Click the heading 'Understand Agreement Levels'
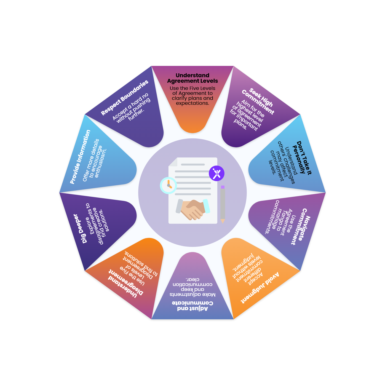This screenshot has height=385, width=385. point(192,78)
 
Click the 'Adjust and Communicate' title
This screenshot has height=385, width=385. point(192,306)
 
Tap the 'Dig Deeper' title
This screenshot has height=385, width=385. point(80,229)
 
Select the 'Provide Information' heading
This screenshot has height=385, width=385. point(80,157)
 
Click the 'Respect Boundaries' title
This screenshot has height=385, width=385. point(125,97)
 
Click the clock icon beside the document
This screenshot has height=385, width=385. point(168,185)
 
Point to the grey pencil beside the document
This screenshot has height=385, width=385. point(223,204)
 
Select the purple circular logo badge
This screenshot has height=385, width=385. point(216,173)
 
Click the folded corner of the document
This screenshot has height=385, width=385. point(173,162)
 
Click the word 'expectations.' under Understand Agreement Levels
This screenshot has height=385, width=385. point(192,103)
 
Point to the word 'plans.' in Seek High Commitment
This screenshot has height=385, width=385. point(240,125)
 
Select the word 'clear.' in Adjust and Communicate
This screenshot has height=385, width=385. point(192,279)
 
